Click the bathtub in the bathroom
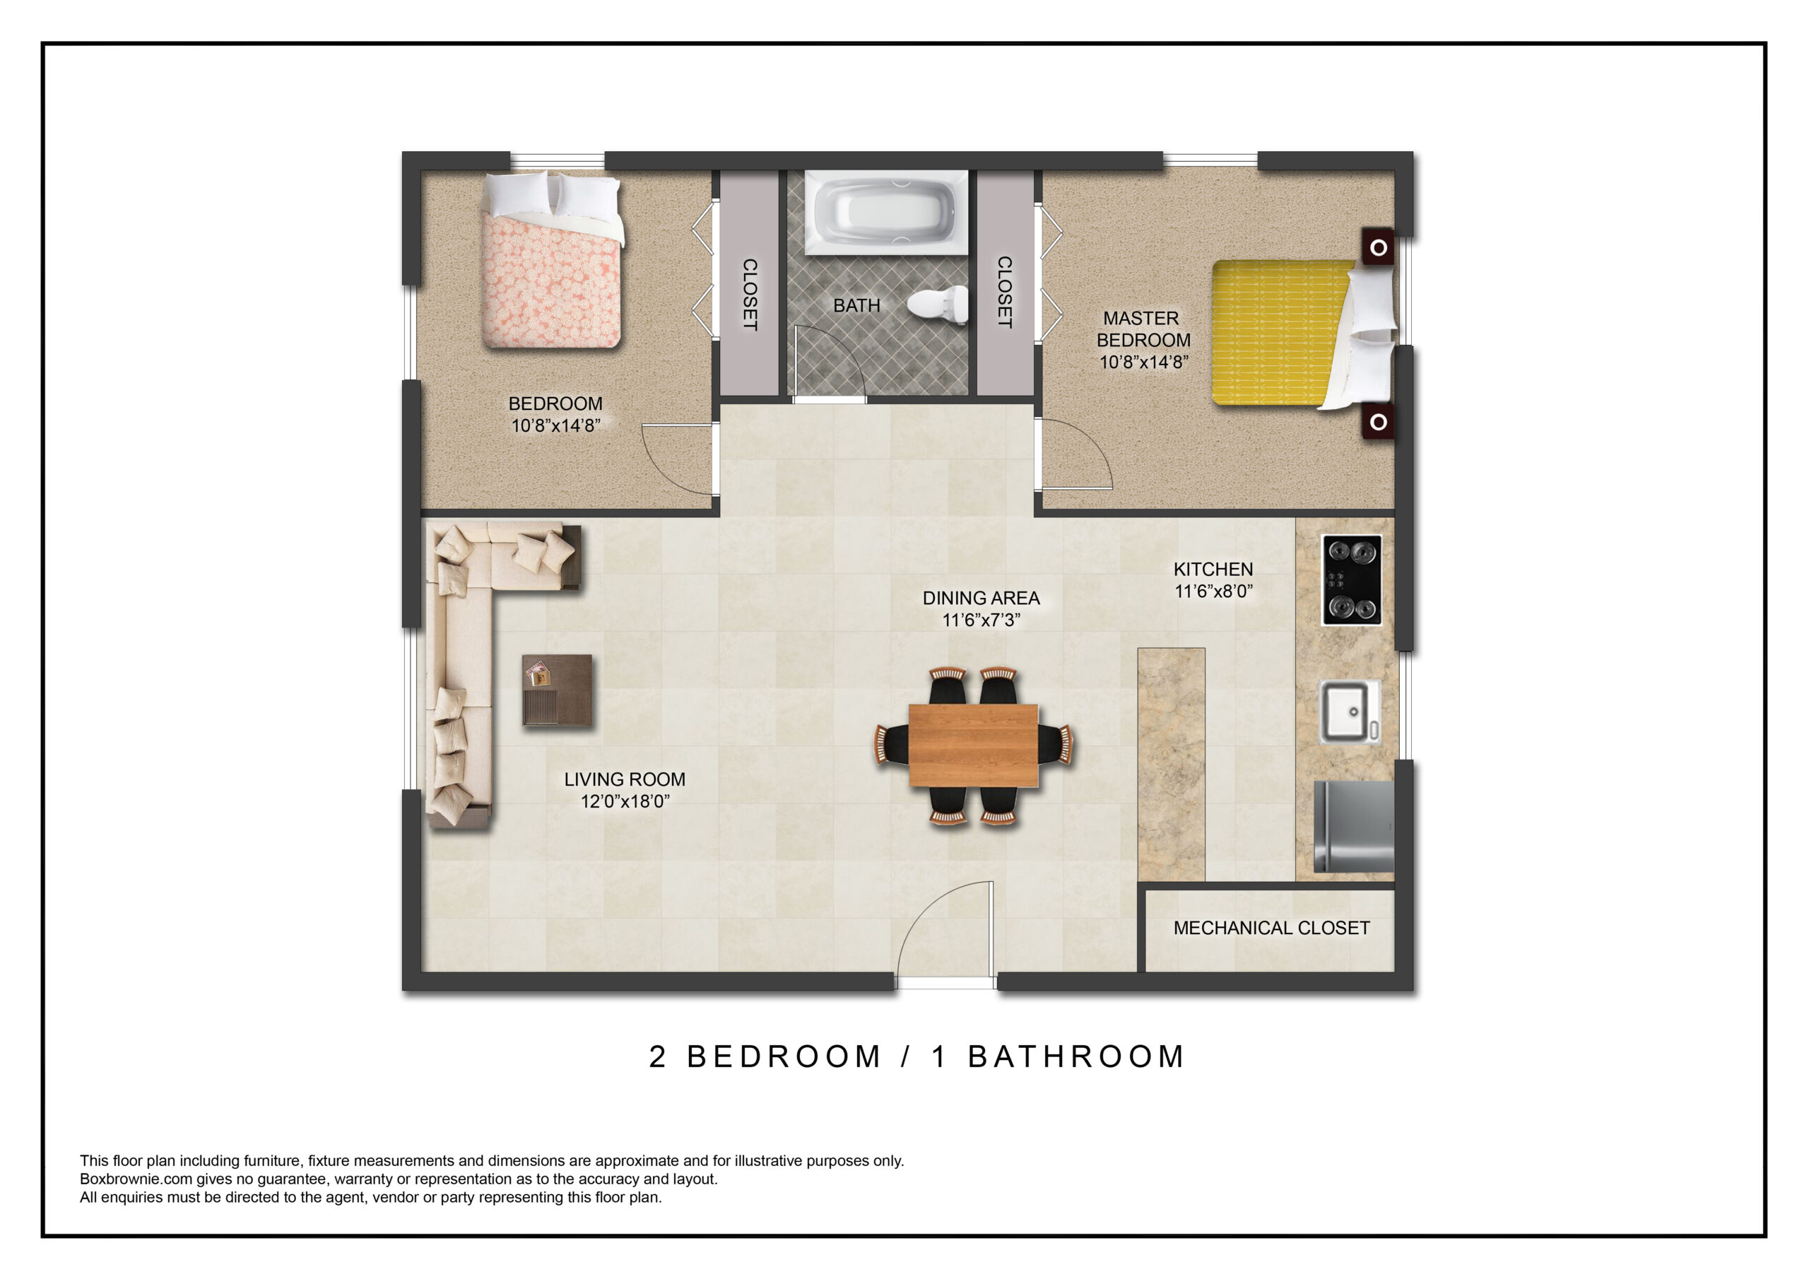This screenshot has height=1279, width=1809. click(x=886, y=212)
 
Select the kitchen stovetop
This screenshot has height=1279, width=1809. click(x=1351, y=580)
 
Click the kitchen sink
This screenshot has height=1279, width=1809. click(x=1350, y=712)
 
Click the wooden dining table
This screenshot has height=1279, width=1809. click(x=973, y=745)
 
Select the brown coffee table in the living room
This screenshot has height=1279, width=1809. click(x=557, y=690)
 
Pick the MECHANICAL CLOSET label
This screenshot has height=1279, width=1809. click(x=1272, y=929)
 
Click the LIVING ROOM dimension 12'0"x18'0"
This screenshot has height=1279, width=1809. click(x=625, y=801)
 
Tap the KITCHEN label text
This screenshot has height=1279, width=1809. click(x=1213, y=569)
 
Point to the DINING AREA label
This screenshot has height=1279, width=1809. click(x=981, y=598)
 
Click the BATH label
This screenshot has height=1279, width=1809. click(x=856, y=305)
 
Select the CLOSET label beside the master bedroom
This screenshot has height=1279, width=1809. click(x=1005, y=292)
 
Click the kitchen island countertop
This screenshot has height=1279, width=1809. click(x=1172, y=765)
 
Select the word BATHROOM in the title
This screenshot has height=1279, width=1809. click(x=1076, y=1057)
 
